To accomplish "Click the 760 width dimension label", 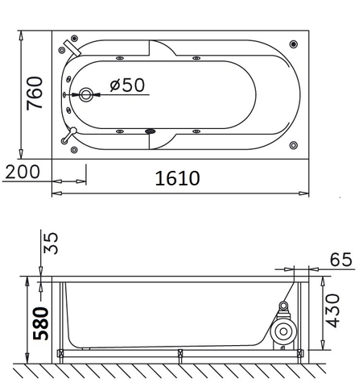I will pos(35,94).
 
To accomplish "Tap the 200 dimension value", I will pos(23,172).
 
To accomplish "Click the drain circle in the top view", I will pos(85,94).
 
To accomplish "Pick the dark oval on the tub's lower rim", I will pos(149,132).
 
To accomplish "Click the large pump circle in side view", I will pos(283,332).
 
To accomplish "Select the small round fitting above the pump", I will pos(283,306).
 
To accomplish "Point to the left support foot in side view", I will pos(61,352).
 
